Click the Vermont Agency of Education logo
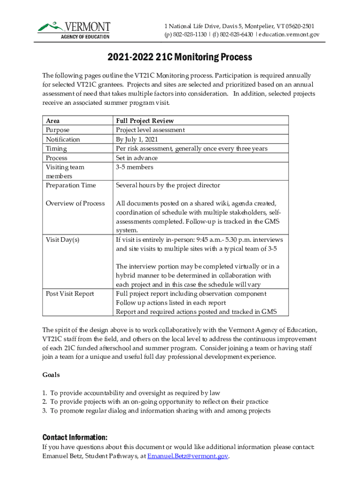point(74,29)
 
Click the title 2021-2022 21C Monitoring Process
point(180,57)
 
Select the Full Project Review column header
point(144,121)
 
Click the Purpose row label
point(58,130)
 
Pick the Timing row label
point(56,149)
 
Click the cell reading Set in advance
point(137,158)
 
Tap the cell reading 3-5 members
point(134,167)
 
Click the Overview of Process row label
point(75,203)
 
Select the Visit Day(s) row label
point(62,239)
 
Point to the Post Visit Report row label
point(70,294)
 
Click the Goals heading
point(51,375)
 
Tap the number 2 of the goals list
point(44,402)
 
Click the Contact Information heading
point(75,437)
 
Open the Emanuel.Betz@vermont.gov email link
point(187,456)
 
